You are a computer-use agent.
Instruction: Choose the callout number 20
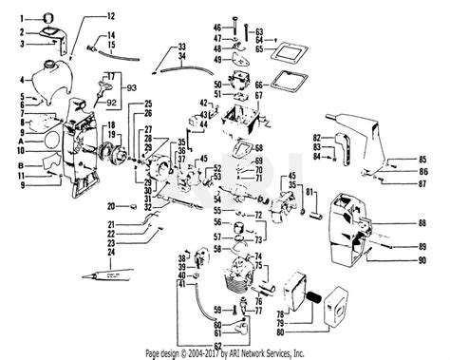110,206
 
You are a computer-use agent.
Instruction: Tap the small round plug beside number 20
124,206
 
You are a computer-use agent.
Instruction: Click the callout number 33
182,47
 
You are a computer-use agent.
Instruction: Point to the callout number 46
216,26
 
